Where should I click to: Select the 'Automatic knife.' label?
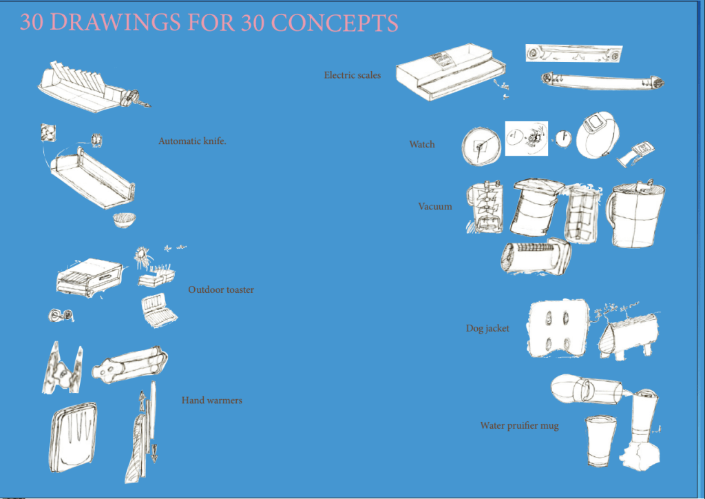coord(192,141)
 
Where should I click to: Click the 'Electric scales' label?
coord(352,75)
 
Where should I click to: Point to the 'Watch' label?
coord(422,144)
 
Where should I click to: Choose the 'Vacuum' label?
coord(435,206)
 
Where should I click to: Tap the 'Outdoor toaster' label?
coord(221,290)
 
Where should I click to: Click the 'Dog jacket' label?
coord(487,329)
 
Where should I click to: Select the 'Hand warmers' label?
coord(212,400)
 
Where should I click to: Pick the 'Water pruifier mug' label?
coord(519,426)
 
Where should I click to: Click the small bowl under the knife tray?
coord(125,221)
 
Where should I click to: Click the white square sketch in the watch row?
coord(526,139)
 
